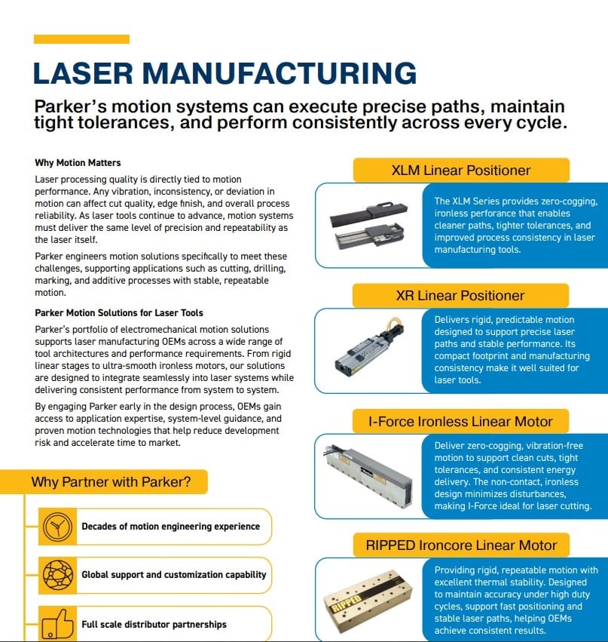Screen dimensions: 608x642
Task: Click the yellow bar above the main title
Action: click(x=81, y=39)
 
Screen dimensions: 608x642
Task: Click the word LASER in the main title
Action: click(x=83, y=74)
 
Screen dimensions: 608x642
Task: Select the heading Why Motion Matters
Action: click(x=78, y=162)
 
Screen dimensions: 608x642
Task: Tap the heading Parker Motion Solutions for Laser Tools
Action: click(x=119, y=313)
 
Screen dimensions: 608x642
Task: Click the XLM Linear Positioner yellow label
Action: click(x=461, y=170)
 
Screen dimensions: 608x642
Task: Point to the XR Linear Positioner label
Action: click(x=460, y=296)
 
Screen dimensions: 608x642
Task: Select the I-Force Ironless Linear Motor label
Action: click(x=460, y=421)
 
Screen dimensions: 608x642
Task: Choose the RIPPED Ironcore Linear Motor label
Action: click(x=461, y=545)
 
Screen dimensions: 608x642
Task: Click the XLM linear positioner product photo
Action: click(x=369, y=226)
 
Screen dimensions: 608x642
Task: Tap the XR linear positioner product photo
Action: click(x=370, y=348)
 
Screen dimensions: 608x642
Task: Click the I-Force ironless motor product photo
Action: click(x=368, y=476)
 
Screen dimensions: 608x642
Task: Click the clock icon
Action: click(x=58, y=527)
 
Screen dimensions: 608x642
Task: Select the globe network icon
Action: click(x=58, y=575)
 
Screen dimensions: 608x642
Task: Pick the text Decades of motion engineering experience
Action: click(x=170, y=527)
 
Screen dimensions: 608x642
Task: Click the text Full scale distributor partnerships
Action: click(x=154, y=625)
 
